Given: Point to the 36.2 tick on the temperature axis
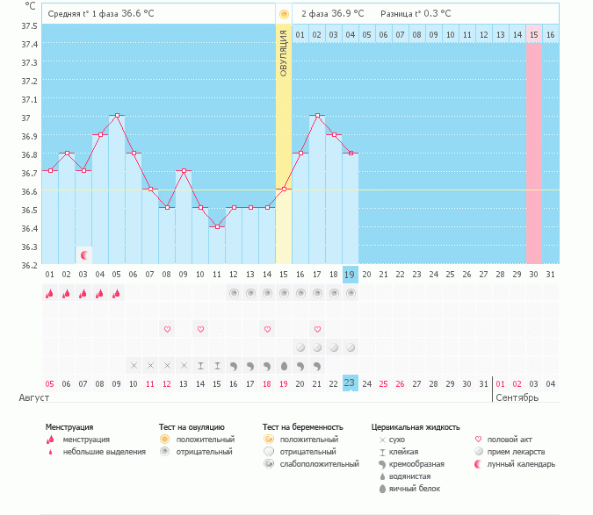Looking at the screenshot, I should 29,264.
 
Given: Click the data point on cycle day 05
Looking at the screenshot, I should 117,116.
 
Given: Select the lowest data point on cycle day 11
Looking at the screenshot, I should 217,226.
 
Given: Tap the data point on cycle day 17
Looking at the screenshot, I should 317,116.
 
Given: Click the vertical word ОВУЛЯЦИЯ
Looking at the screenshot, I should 284,54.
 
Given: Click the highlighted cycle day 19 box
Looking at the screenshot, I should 351,275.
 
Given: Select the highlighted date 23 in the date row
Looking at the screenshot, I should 351,383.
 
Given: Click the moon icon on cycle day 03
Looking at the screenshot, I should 84,255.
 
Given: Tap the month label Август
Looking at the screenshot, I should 34,397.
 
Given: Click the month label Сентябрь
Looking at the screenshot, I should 517,397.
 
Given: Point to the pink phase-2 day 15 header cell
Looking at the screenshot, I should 533,34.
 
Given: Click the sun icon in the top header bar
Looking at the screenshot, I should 284,14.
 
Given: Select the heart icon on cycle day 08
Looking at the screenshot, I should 167,329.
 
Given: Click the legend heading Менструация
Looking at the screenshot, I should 69,427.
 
